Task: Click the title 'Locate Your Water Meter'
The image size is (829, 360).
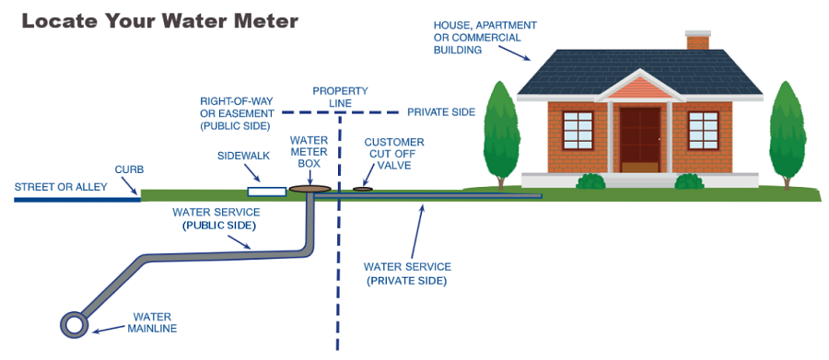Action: [x=159, y=20]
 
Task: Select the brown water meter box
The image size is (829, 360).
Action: [x=309, y=189]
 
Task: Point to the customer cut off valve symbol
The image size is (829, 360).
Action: [x=364, y=190]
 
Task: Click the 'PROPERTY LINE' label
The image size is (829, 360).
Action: [x=340, y=98]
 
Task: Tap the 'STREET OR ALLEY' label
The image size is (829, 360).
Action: [x=61, y=187]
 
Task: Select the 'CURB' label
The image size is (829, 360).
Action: [x=129, y=169]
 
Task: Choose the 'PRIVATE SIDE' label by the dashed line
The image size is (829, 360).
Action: [x=441, y=112]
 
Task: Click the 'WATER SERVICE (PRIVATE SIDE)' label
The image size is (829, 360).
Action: [x=406, y=273]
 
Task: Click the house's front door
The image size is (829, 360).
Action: [x=639, y=139]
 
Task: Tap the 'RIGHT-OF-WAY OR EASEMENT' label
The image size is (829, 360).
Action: [x=237, y=112]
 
